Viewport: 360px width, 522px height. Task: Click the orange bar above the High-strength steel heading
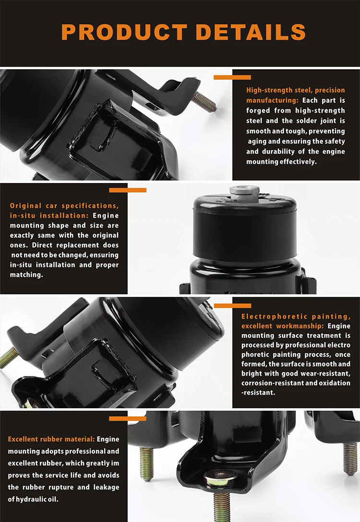pos(232,77)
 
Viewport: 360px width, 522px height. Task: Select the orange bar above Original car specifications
pos(128,190)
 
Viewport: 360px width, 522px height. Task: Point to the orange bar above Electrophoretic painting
pos(232,305)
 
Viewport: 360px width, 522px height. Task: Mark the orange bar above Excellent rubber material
pos(128,418)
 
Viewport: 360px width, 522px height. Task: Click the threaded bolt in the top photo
pos(204,101)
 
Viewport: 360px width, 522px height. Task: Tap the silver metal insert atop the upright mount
pos(244,190)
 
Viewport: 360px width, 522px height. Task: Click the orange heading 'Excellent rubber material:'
pos(51,439)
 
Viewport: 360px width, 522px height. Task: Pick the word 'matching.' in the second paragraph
pos(26,275)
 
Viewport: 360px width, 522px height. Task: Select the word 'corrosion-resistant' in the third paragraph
pos(272,383)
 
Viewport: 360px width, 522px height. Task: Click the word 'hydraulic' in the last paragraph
pos(36,499)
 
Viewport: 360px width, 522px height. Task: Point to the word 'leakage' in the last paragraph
pos(104,487)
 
